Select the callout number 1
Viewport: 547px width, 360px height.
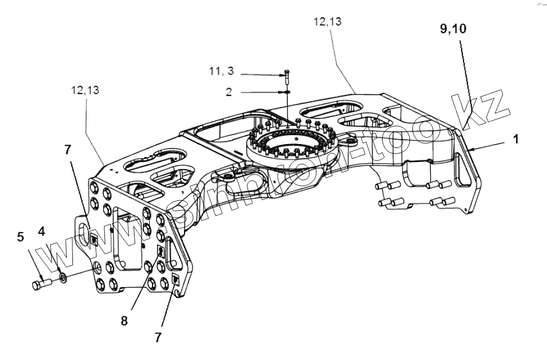514,139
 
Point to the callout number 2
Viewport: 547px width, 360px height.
229,92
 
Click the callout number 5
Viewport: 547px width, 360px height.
21,237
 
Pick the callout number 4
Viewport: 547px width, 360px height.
42,231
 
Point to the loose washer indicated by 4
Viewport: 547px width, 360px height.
62,278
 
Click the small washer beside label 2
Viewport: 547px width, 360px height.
287,92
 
